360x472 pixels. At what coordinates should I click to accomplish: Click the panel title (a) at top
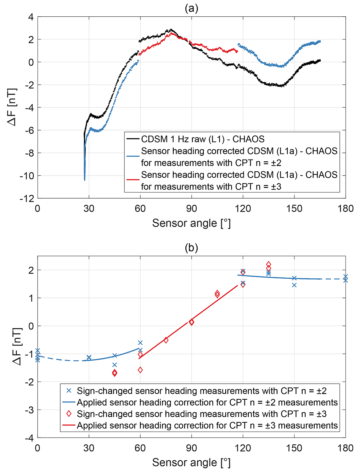[x=191, y=8]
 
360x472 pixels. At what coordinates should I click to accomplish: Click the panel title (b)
[x=191, y=248]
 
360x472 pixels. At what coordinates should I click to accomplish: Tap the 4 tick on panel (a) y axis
[x=31, y=17]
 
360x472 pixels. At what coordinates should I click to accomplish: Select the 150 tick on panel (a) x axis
[x=294, y=209]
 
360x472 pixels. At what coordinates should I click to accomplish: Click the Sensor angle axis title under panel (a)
[x=191, y=223]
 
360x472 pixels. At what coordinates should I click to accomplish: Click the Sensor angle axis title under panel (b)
[x=191, y=462]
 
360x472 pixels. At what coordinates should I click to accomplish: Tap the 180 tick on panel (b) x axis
[x=345, y=448]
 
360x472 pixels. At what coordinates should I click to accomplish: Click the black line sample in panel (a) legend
[x=133, y=139]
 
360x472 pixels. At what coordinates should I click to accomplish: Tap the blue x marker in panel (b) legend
[x=69, y=391]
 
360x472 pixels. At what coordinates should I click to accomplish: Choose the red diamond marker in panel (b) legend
[x=69, y=414]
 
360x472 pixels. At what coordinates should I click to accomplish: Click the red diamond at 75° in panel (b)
[x=166, y=340]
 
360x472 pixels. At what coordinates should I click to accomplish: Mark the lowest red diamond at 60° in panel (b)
[x=140, y=370]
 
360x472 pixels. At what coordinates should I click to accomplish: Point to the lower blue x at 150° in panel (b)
[x=294, y=285]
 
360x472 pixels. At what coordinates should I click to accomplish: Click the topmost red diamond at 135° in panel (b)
[x=269, y=264]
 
